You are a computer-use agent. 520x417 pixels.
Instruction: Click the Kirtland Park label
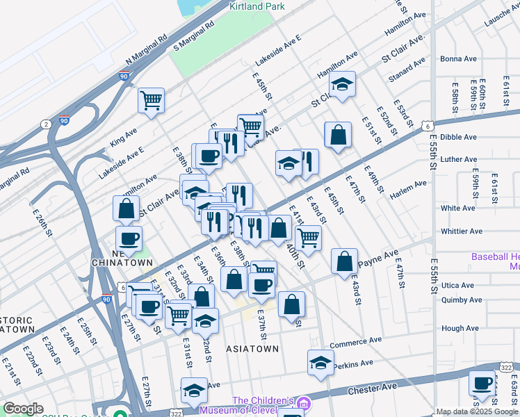257,6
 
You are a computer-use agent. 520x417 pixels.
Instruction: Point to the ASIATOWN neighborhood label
252,348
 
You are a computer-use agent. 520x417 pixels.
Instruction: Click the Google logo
23,409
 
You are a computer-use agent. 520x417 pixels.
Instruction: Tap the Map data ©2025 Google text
478,411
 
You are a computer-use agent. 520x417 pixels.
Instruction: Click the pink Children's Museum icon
303,404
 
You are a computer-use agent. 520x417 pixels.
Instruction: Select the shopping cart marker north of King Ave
151,100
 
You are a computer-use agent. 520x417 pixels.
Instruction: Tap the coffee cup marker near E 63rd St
481,383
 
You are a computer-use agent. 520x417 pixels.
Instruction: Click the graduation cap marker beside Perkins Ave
320,362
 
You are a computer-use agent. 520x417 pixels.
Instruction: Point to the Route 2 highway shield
46,124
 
